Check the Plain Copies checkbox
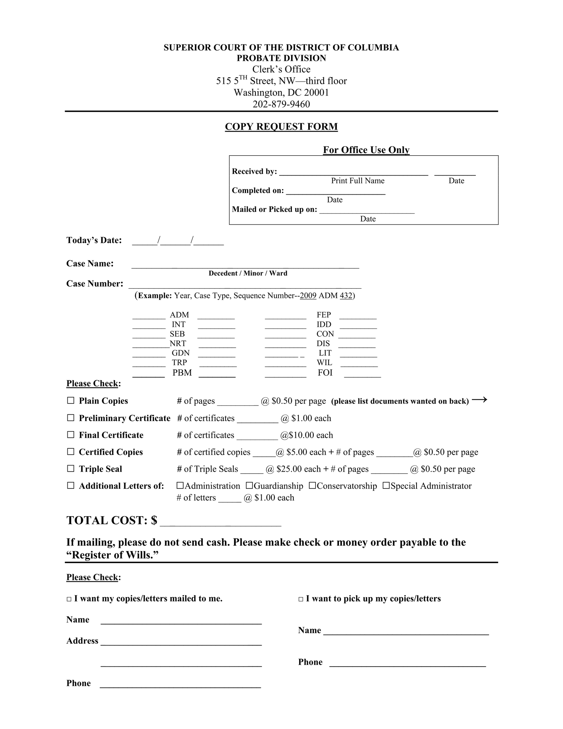click(x=71, y=401)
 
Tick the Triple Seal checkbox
click(x=71, y=468)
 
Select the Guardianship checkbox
click(x=249, y=486)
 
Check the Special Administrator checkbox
click(x=386, y=486)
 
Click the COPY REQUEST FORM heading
click(x=281, y=126)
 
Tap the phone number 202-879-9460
click(x=281, y=104)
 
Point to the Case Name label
click(x=90, y=264)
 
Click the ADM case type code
click(x=179, y=315)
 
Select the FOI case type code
click(x=325, y=373)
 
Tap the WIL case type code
click(x=324, y=363)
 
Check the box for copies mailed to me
click(x=69, y=599)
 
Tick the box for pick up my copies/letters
click(x=301, y=599)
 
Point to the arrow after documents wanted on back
click(x=479, y=400)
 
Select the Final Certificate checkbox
click(x=71, y=434)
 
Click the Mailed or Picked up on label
click(x=274, y=209)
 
